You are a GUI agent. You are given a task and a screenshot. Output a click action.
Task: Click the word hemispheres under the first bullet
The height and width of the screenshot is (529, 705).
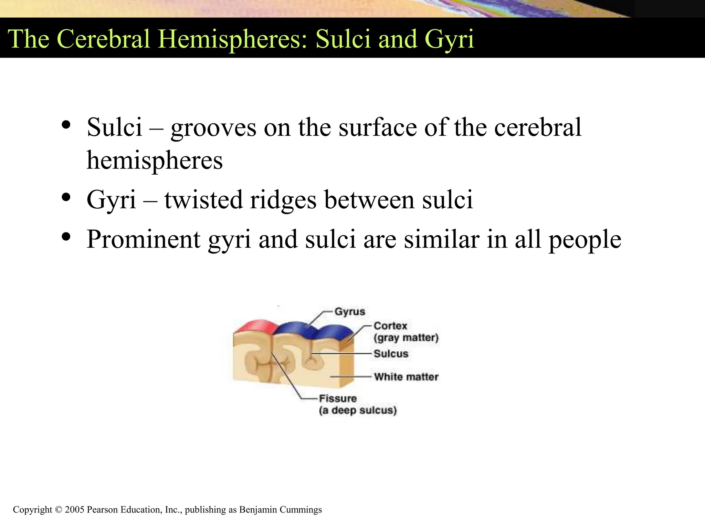click(155, 161)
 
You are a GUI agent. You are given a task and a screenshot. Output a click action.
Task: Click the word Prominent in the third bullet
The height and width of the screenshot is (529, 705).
click(143, 240)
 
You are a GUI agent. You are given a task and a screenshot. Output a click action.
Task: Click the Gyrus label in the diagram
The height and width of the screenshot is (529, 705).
click(350, 312)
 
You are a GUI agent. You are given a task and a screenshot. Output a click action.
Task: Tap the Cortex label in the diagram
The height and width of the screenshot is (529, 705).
click(390, 326)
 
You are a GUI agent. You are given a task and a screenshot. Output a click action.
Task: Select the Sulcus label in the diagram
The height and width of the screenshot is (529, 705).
click(391, 354)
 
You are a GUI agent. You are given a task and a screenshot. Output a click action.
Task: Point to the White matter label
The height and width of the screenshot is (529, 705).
click(406, 377)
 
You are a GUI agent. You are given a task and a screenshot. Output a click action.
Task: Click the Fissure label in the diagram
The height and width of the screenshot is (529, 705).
click(338, 398)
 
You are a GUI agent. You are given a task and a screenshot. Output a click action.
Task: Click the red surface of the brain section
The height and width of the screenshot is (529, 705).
click(255, 326)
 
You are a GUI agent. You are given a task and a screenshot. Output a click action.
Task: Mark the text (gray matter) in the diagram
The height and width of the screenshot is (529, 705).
click(406, 338)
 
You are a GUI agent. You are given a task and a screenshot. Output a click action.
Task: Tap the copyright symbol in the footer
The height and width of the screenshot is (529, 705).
click(59, 510)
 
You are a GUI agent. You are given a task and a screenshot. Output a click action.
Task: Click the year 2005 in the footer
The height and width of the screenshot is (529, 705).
click(74, 510)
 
